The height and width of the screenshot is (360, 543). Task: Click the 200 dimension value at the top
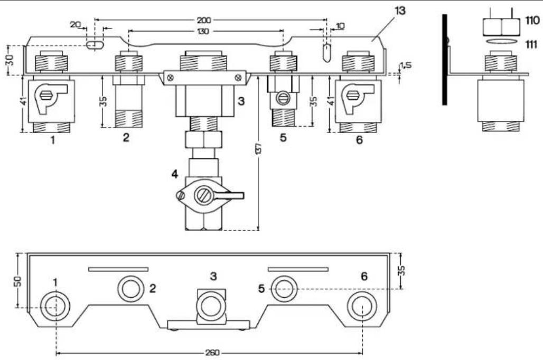(204, 21)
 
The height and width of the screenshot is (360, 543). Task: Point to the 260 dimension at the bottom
(212, 353)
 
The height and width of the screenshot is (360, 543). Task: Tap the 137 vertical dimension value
(258, 148)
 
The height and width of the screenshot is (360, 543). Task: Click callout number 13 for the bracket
(400, 11)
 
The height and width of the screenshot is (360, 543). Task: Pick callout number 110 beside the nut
(532, 21)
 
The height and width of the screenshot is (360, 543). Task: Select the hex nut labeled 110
(501, 27)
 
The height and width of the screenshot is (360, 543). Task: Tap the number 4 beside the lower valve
(175, 174)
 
